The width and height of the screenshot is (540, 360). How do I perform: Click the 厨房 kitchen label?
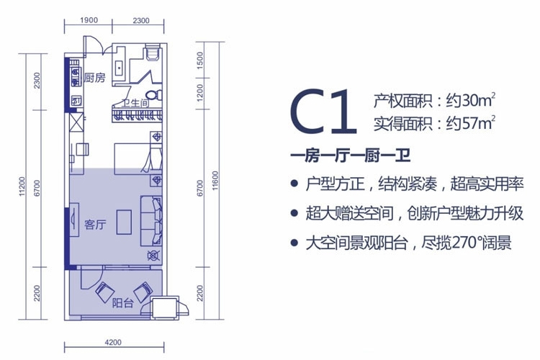point(95,77)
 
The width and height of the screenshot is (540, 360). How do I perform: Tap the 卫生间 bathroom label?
point(135,103)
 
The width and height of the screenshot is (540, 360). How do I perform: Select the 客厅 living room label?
point(95,224)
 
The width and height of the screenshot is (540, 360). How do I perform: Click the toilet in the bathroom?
point(151,94)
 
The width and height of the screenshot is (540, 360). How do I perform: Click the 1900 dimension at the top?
point(89,20)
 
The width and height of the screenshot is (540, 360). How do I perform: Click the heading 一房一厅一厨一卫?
point(344,154)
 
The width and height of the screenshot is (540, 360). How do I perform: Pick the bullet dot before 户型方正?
point(294,184)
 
